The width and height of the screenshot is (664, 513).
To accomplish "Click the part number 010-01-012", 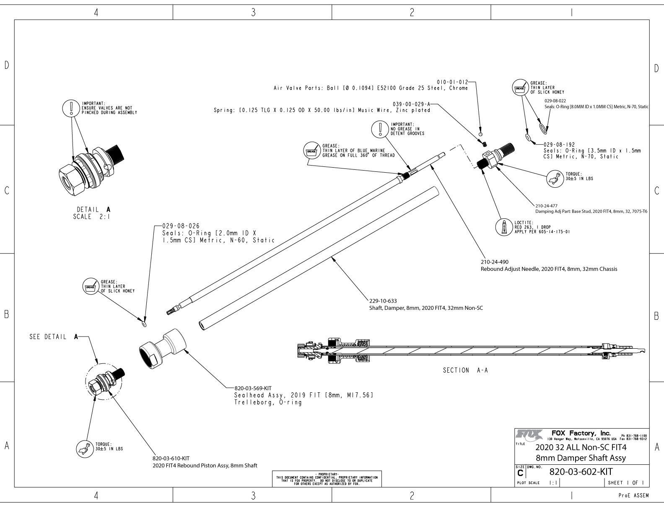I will click(x=452, y=82).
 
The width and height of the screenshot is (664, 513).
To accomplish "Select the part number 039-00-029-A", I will click(x=412, y=104).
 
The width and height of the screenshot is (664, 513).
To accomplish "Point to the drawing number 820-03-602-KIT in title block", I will click(x=581, y=472).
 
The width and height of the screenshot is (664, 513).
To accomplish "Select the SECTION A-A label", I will click(x=465, y=370).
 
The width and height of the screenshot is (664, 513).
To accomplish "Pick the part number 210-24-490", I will click(x=495, y=262).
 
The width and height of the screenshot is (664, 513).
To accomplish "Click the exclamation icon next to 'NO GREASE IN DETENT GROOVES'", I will click(x=380, y=129).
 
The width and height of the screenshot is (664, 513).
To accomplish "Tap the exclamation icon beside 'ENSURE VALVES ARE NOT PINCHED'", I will click(x=71, y=108).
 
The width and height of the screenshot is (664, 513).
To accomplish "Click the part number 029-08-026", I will click(x=181, y=226).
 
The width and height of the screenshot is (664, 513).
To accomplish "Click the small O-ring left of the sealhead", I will click(x=144, y=324).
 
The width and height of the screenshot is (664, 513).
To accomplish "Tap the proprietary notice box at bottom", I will click(x=327, y=478).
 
